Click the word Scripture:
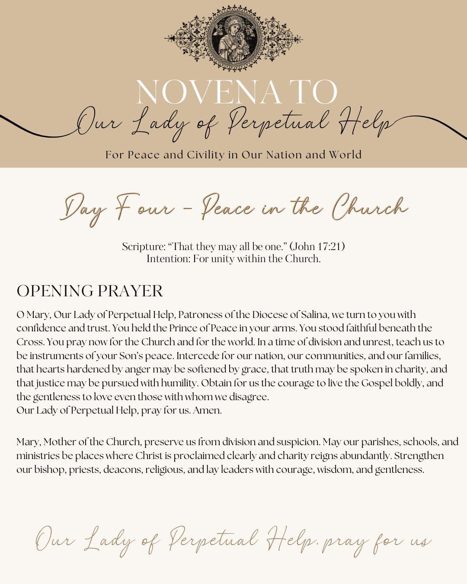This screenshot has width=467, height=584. click(144, 246)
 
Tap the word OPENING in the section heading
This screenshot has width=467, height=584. click(55, 291)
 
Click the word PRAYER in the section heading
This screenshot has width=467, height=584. click(130, 291)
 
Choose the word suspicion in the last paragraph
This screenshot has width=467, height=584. click(298, 442)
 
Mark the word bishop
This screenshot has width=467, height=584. click(41, 469)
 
